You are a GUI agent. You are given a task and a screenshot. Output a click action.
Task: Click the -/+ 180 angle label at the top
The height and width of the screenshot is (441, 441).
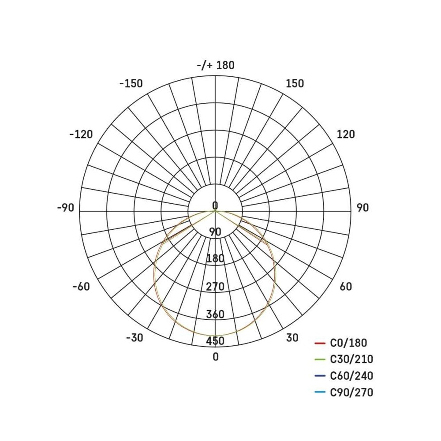coord(216,65)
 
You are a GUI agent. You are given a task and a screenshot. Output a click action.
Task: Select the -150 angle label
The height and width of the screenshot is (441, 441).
coord(131,83)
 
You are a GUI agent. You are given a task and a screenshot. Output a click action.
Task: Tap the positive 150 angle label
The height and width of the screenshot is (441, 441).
coord(295,83)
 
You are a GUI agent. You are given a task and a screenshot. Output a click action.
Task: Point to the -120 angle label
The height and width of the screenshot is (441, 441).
coord(81,135)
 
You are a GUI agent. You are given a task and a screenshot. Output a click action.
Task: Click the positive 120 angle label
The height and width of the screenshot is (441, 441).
coord(346,135)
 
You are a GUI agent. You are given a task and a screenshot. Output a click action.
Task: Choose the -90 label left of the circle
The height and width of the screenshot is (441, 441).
coord(66,208)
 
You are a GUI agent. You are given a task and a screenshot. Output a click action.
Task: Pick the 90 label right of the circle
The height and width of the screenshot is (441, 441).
coord(363,208)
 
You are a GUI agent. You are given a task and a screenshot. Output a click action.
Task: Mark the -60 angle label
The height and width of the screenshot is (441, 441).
coord(81,287)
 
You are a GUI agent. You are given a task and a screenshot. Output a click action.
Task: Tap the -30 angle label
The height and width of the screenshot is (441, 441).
coord(135,338)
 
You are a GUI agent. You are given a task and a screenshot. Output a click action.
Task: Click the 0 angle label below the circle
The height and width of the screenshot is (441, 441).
coord(216,357)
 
